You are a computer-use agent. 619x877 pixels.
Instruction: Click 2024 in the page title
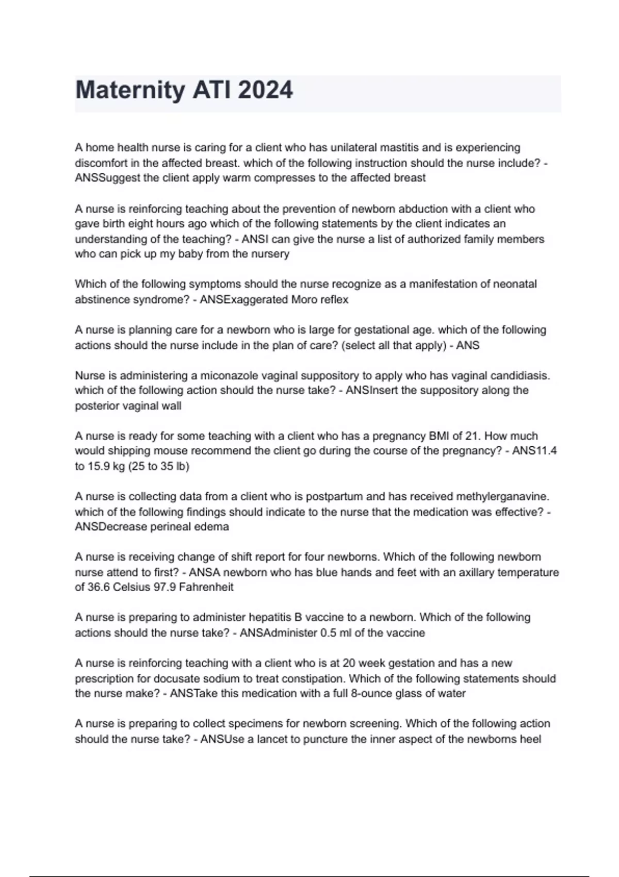click(x=265, y=91)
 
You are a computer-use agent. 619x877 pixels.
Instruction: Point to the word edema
click(x=211, y=527)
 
